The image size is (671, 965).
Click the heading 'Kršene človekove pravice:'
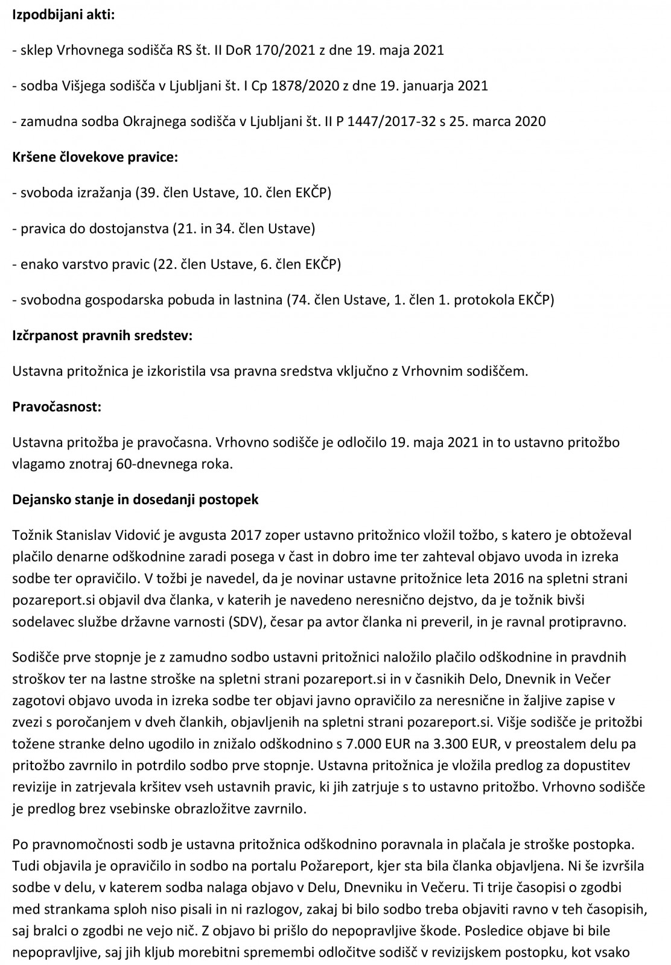[x=95, y=157]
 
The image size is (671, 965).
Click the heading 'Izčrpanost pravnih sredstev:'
[x=103, y=335]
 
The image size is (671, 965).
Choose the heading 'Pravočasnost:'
[x=57, y=407]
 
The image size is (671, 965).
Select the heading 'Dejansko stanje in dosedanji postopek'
[x=136, y=500]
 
